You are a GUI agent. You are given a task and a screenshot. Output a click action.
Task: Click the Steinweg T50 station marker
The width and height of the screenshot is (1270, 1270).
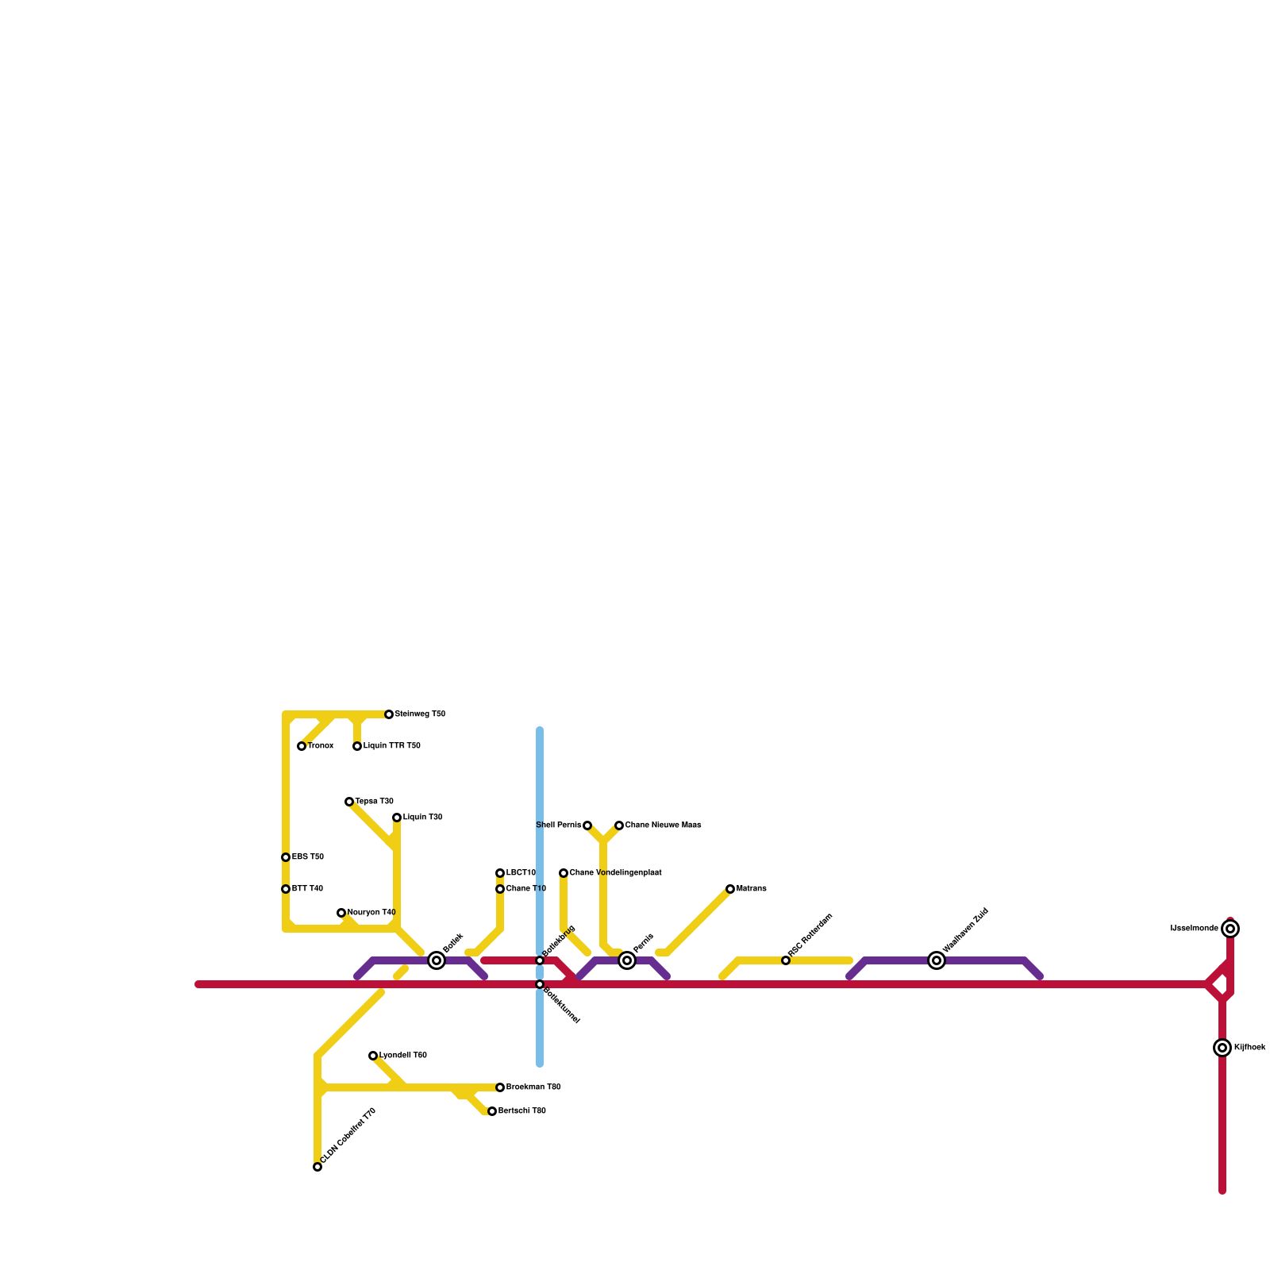pos(389,714)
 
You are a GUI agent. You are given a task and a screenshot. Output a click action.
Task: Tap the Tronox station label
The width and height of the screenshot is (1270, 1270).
pos(321,746)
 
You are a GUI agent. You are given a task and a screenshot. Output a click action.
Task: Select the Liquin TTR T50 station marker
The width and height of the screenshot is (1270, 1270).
pos(357,746)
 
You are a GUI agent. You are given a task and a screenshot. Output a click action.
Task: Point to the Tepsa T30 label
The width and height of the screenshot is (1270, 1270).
pos(374,802)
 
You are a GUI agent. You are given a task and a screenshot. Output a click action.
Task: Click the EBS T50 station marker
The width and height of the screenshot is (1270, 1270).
pos(286,857)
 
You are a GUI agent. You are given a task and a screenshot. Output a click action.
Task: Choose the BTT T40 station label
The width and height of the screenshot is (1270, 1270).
pos(307,889)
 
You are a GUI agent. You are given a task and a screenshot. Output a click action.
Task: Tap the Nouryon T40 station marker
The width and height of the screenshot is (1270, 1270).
pos(341,913)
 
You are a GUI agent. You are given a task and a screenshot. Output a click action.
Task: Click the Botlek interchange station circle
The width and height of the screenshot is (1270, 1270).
pos(437,960)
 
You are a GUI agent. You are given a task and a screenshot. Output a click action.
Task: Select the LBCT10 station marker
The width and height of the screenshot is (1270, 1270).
pos(500,873)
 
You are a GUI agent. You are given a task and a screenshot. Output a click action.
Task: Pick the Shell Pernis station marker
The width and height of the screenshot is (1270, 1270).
pos(587,825)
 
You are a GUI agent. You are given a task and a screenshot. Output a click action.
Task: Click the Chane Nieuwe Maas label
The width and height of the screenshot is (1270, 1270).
pos(663,825)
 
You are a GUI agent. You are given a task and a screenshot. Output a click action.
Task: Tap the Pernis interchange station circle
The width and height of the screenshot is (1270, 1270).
pos(627,960)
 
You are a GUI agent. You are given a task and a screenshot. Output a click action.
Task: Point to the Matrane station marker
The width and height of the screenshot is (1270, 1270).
pos(730,889)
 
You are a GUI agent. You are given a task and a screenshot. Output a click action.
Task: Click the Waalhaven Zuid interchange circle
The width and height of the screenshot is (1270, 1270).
pos(937,960)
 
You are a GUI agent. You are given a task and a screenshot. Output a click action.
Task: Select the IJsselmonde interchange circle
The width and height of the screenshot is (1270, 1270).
pos(1230,929)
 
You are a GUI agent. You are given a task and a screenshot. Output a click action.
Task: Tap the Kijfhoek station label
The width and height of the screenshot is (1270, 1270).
pos(1249,1048)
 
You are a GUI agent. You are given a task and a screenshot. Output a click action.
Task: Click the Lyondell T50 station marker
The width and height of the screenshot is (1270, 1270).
pos(373,1056)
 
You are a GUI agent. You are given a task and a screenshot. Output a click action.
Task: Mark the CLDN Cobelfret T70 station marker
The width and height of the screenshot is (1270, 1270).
pos(317,1167)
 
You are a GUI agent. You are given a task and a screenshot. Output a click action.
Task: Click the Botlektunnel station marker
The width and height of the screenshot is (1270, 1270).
pos(540,984)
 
